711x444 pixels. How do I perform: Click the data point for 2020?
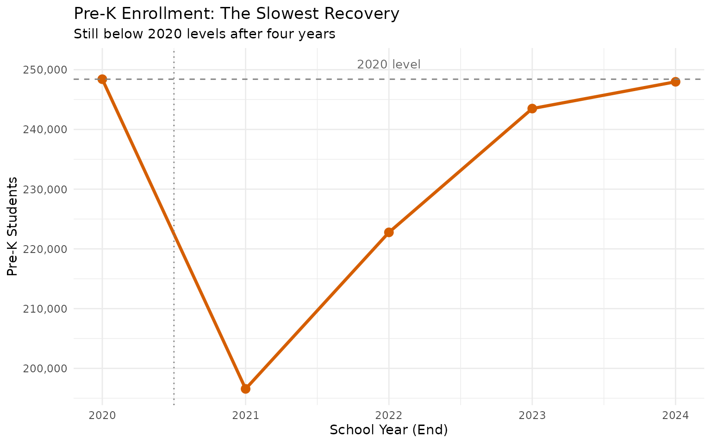coord(102,79)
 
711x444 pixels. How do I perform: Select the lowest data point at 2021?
coord(245,388)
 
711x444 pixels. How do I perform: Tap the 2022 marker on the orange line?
coord(389,232)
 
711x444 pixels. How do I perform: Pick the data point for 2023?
coord(532,108)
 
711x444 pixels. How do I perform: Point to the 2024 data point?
coord(675,82)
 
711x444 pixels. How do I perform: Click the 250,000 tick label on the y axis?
coord(45,70)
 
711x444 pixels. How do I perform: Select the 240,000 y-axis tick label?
coord(45,129)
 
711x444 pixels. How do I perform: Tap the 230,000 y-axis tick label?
coord(45,189)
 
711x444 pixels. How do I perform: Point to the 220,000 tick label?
coord(45,249)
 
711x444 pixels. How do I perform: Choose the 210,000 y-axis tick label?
coord(45,308)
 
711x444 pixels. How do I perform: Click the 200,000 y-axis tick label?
coord(45,369)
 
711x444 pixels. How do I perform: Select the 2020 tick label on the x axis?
coord(102,415)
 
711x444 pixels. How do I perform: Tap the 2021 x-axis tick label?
coord(245,415)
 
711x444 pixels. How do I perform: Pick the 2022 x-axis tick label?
coord(389,415)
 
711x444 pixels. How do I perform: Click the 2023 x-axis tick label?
coord(532,415)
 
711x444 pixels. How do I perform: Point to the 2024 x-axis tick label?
coord(675,415)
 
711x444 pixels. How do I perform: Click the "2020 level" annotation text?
coord(389,64)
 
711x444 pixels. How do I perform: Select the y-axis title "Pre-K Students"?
coord(13,226)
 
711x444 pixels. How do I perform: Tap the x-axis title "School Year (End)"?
coord(389,430)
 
